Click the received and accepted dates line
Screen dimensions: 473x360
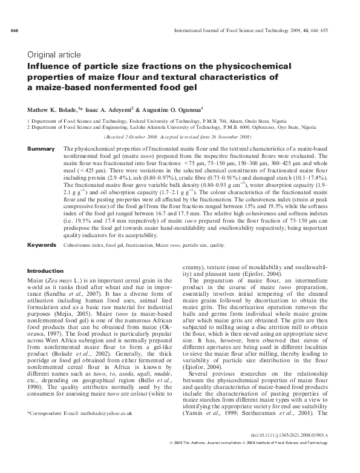(x=180, y=137)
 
